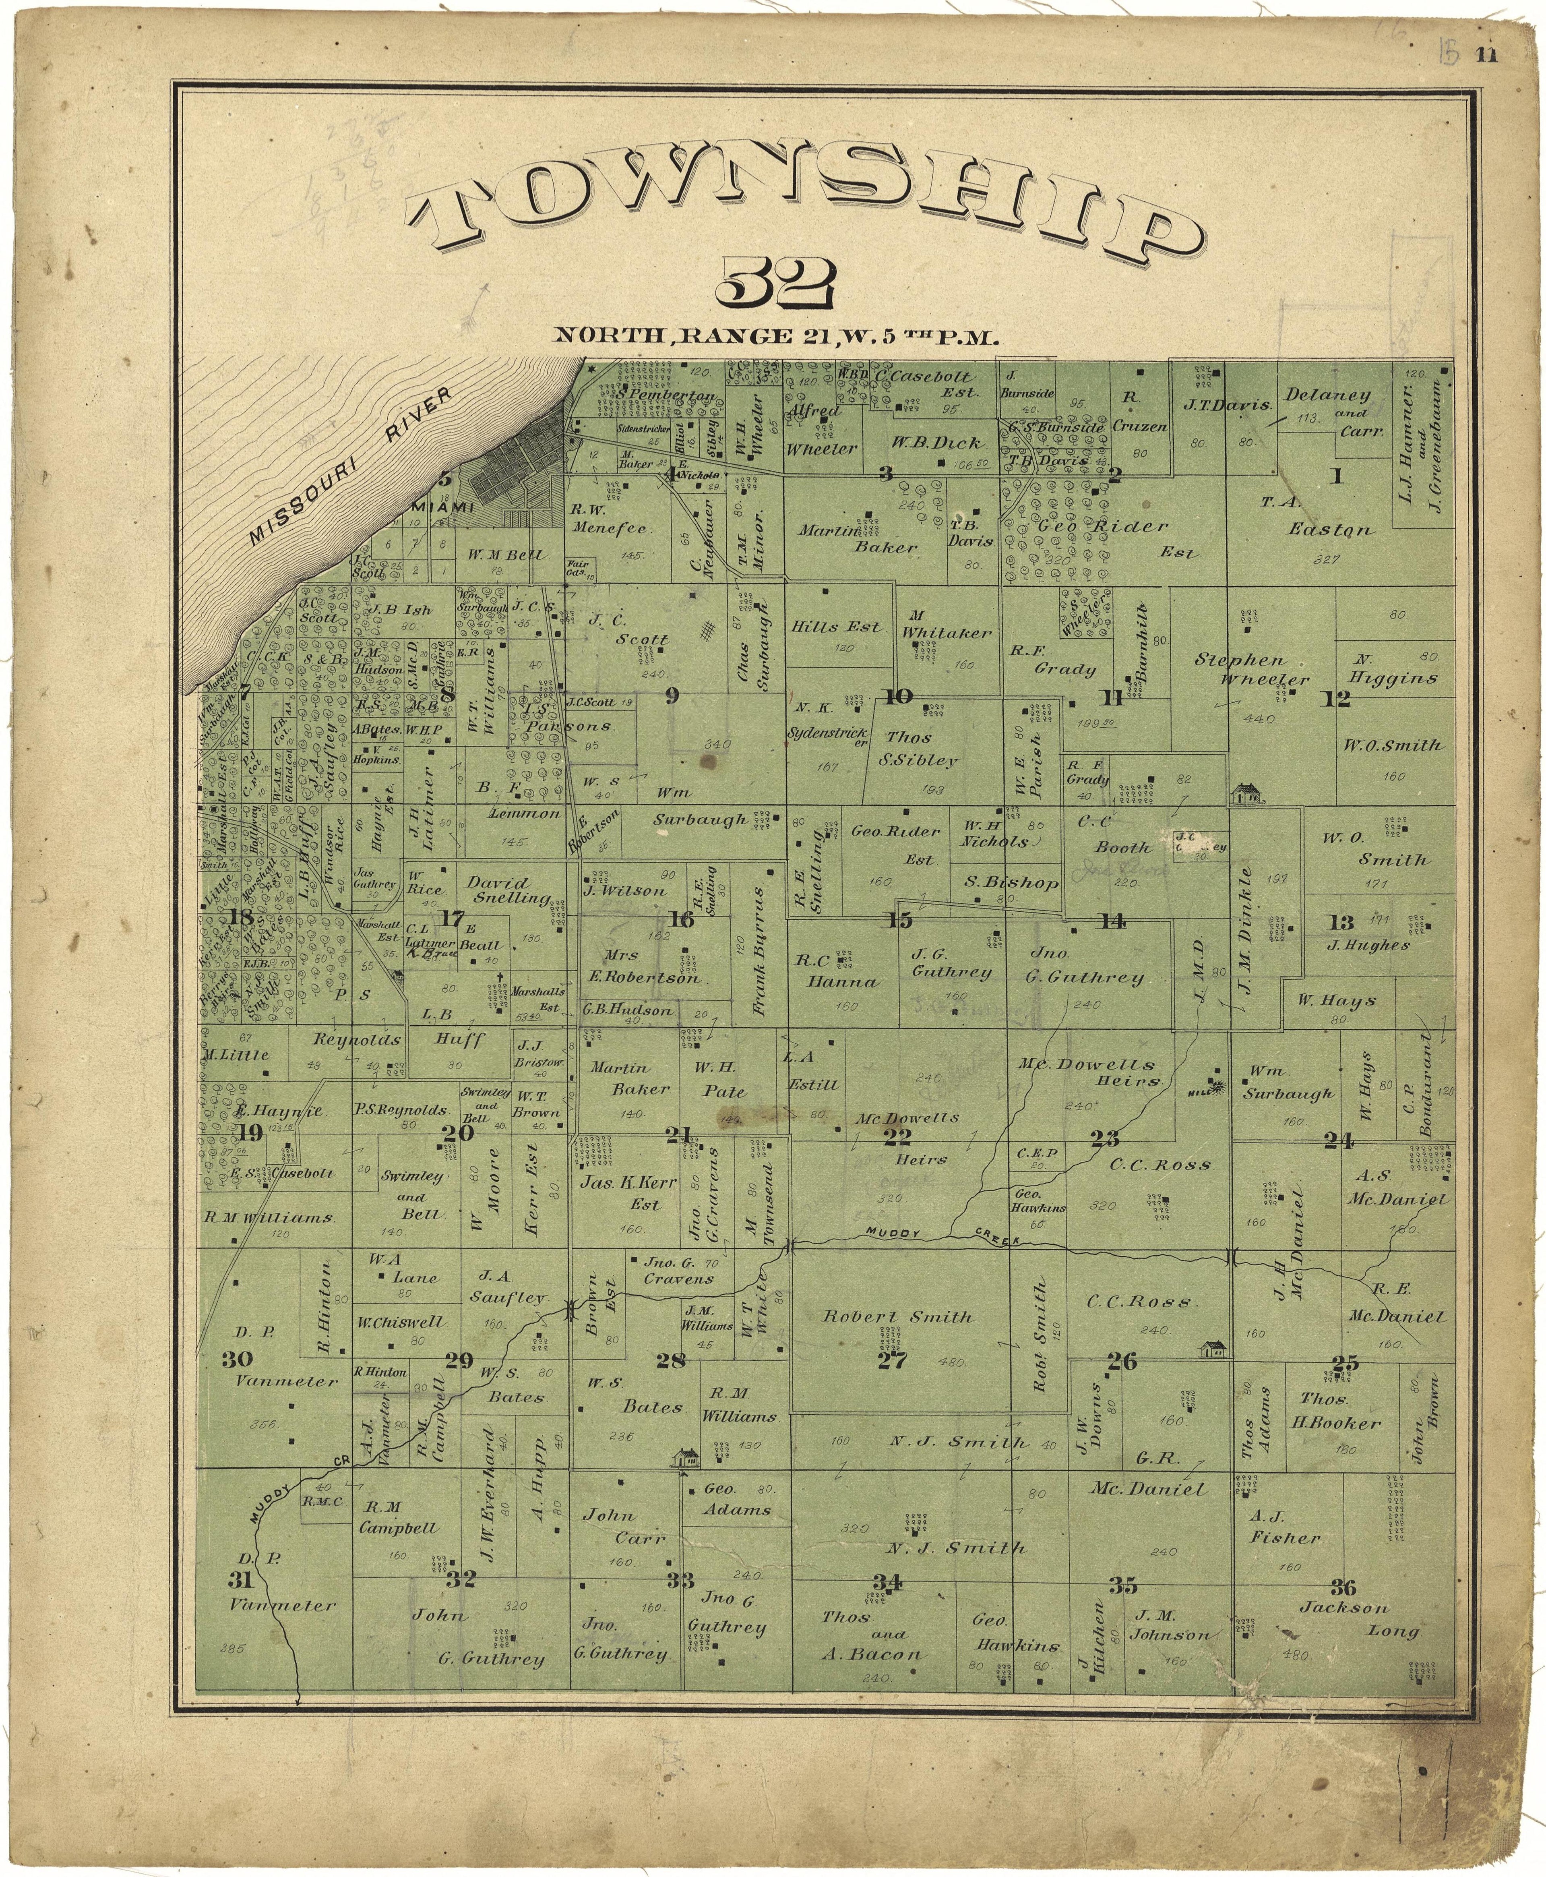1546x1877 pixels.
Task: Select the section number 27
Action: pyautogui.click(x=891, y=1360)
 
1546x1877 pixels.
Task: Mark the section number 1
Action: pyautogui.click(x=1336, y=476)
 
